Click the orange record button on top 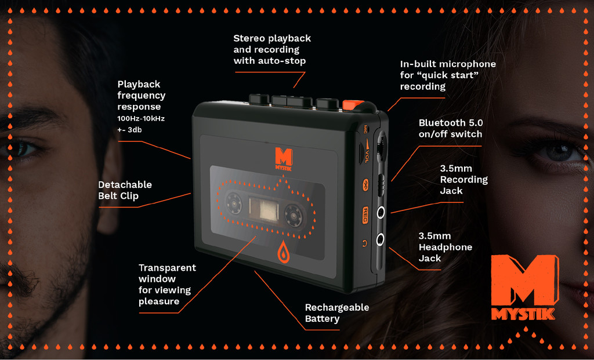point(353,105)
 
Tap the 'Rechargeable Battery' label point(337,313)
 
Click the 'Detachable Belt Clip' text point(125,190)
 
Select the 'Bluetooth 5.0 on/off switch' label point(451,128)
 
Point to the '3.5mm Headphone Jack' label point(445,247)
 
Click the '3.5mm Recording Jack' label point(463,179)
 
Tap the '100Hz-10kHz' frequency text point(141,118)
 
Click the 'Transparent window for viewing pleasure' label point(167,285)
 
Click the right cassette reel point(295,216)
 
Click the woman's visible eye point(557,152)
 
